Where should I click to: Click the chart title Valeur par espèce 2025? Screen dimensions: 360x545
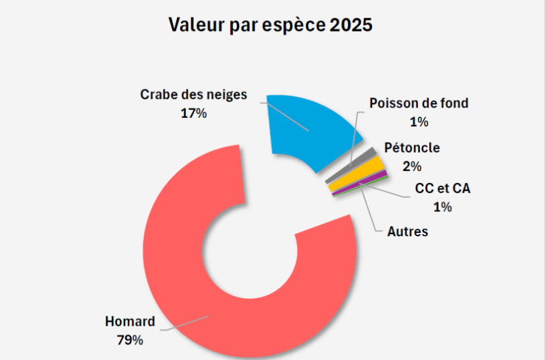click(270, 26)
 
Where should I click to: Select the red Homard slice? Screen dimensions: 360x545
click(175, 269)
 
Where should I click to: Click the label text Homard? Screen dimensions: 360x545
click(130, 321)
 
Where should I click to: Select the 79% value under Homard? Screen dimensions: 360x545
click(130, 340)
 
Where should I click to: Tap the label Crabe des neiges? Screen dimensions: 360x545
click(194, 95)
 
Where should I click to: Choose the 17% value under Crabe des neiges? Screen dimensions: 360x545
click(193, 113)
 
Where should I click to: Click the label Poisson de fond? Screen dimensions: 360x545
click(419, 104)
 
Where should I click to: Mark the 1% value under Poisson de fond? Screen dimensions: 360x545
click(419, 122)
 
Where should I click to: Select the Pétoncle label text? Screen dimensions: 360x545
click(412, 148)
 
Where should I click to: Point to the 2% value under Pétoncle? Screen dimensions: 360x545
click(412, 166)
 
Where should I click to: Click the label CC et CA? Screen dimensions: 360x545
click(443, 188)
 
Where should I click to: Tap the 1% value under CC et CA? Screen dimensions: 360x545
click(442, 207)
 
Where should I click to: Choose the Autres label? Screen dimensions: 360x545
click(408, 231)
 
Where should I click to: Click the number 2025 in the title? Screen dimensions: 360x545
click(351, 26)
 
